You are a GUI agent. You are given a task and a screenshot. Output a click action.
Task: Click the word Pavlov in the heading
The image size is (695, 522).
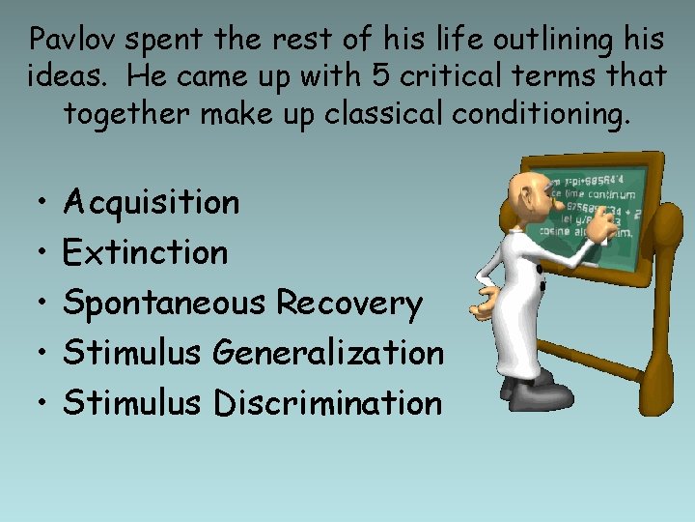point(73,40)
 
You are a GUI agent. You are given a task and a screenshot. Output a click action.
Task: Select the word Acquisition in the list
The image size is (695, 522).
point(151,203)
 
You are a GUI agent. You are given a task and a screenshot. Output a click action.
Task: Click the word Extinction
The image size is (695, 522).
point(145,253)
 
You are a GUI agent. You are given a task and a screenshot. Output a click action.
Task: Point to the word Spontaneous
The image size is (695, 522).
point(164,304)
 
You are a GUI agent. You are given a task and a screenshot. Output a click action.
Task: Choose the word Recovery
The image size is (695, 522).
point(349,304)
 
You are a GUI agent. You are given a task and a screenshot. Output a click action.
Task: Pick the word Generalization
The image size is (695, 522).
point(329,353)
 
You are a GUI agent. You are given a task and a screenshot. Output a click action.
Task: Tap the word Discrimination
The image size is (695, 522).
point(327,403)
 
